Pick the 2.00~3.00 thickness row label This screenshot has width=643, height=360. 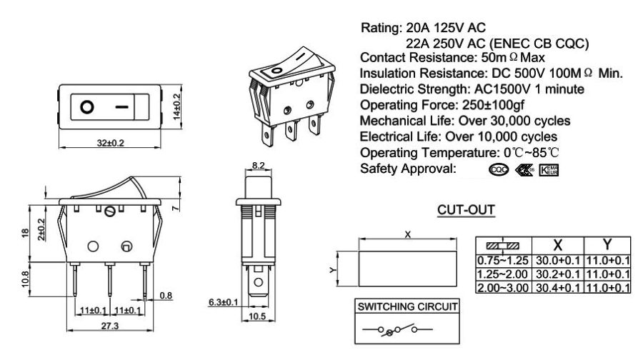502,286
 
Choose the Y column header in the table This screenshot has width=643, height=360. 607,244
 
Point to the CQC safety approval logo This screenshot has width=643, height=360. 499,170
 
